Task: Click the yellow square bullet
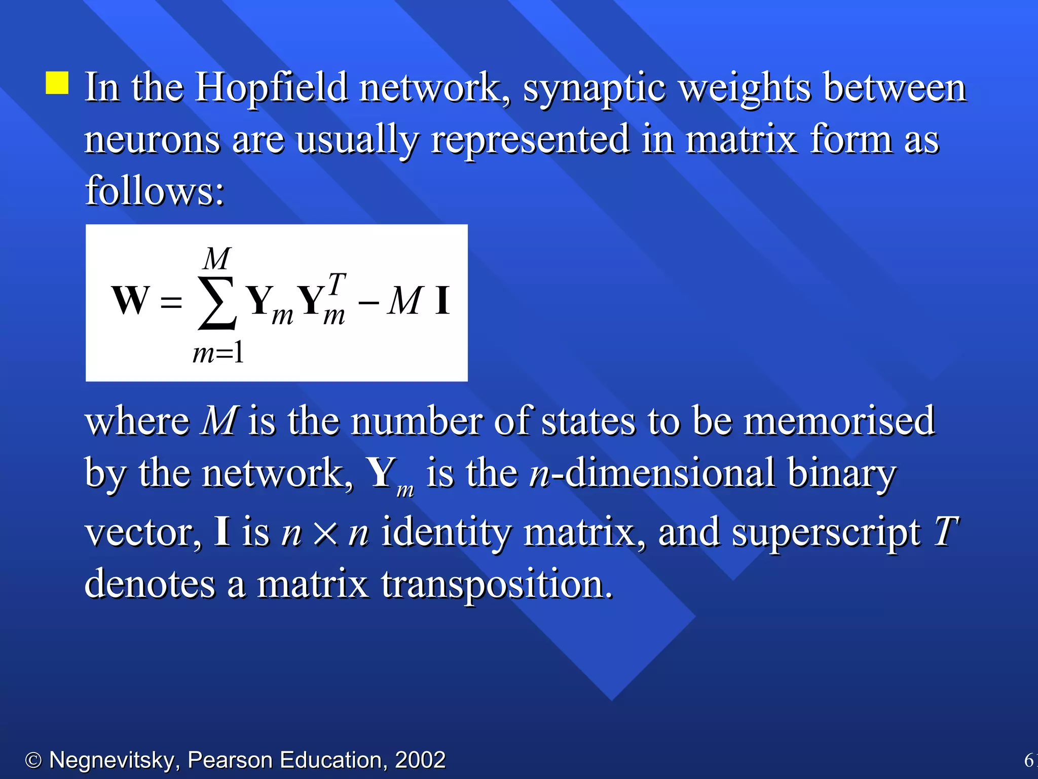coord(57,83)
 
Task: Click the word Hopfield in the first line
coord(272,87)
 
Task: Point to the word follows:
coord(155,191)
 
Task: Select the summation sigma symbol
coord(217,303)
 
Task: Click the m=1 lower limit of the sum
coord(218,352)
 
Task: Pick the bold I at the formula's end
coord(442,300)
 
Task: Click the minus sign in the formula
coord(368,303)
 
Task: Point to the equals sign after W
coord(171,303)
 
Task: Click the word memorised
coord(839,421)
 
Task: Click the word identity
coord(446,533)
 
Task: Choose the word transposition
coord(497,584)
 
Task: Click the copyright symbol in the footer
coord(33,760)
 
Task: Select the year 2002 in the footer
coord(420,760)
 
